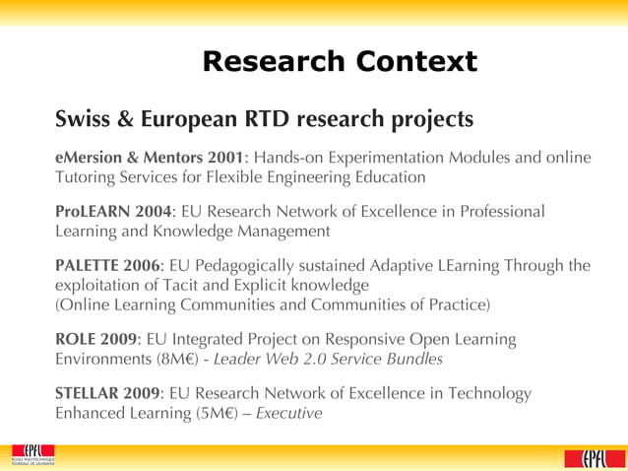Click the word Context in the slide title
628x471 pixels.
(x=417, y=62)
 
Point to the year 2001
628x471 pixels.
(x=225, y=158)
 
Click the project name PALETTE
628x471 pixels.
(x=87, y=265)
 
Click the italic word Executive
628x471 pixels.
(x=288, y=413)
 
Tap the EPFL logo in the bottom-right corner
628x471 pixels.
(x=588, y=457)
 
